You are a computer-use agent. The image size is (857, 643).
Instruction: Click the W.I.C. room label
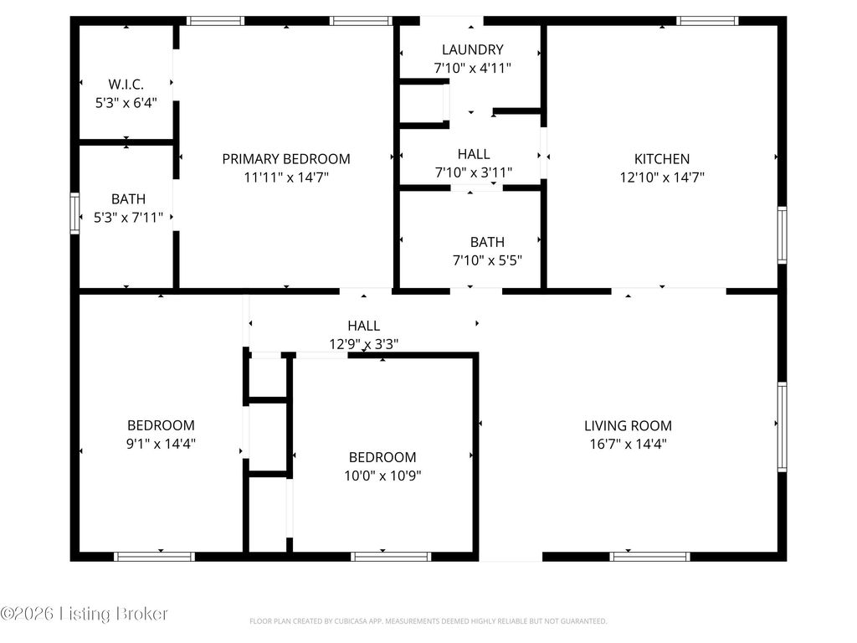point(126,85)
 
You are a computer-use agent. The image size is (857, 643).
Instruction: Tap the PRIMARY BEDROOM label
point(286,159)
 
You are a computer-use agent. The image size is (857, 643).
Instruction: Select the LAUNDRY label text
point(473,49)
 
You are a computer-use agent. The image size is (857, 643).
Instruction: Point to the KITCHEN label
point(662,159)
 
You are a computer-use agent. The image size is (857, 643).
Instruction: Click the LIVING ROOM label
point(628,426)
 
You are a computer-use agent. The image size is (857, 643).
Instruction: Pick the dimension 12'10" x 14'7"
point(662,177)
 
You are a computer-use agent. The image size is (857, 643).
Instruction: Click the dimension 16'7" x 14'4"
point(628,444)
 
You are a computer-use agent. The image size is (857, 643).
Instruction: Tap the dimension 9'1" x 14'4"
point(161,444)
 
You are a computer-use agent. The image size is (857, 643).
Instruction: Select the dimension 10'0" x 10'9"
point(382,476)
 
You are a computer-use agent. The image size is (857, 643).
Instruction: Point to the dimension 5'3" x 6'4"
point(126,103)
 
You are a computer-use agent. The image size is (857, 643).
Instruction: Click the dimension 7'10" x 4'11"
point(473,69)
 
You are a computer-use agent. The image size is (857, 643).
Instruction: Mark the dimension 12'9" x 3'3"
point(363,344)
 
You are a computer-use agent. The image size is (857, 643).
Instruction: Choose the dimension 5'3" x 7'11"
point(128,218)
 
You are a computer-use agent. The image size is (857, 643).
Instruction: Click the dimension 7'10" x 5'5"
point(488,260)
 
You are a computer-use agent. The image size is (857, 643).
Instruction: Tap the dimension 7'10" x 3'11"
point(474,172)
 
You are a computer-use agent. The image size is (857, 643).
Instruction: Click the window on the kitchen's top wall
point(707,21)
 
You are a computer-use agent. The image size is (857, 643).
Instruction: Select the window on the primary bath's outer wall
point(74,213)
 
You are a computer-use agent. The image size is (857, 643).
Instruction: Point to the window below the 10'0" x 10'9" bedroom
point(391,557)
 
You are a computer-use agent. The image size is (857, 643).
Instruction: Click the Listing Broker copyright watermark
point(84,614)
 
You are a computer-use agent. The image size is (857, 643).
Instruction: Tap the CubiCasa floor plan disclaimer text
point(428,621)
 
